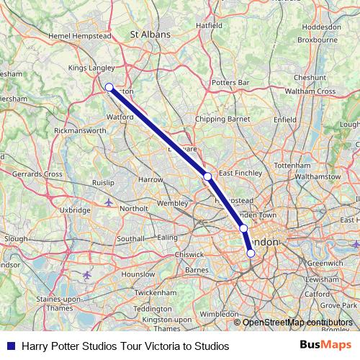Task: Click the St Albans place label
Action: click(x=150, y=34)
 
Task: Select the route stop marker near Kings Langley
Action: click(x=109, y=87)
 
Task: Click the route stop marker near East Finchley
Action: click(x=207, y=176)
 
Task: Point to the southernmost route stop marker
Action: click(x=251, y=253)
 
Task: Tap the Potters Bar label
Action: click(x=230, y=83)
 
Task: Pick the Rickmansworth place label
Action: click(x=80, y=131)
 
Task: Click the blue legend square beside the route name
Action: click(x=7, y=346)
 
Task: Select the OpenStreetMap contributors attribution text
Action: click(x=297, y=322)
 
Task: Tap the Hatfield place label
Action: click(x=210, y=25)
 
